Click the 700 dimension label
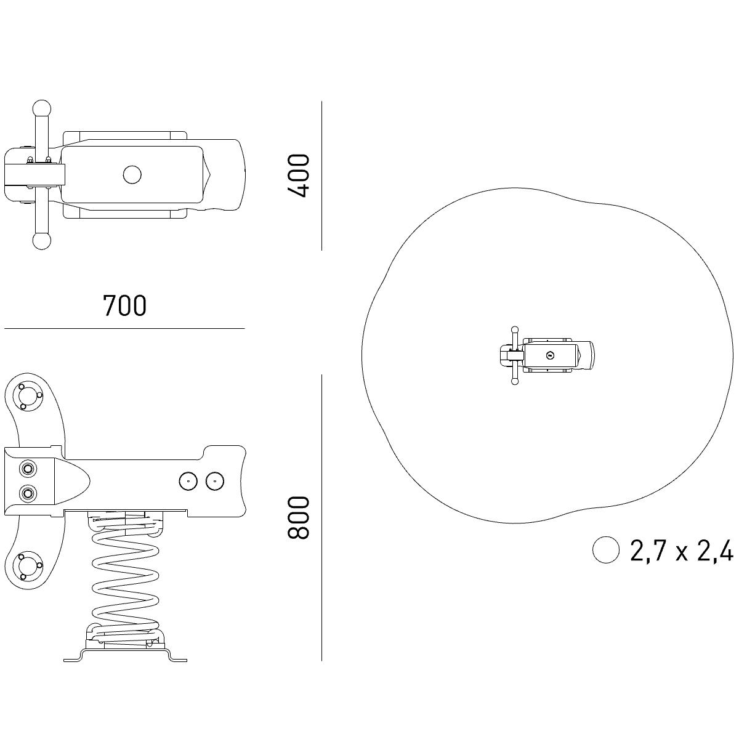(124, 305)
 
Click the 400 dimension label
(298, 176)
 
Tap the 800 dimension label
(298, 518)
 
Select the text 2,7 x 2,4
(682, 551)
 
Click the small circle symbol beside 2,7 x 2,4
(606, 549)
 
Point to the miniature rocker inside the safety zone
(547, 355)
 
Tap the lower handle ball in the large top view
(42, 241)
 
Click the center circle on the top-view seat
(132, 175)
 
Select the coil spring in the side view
(126, 579)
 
